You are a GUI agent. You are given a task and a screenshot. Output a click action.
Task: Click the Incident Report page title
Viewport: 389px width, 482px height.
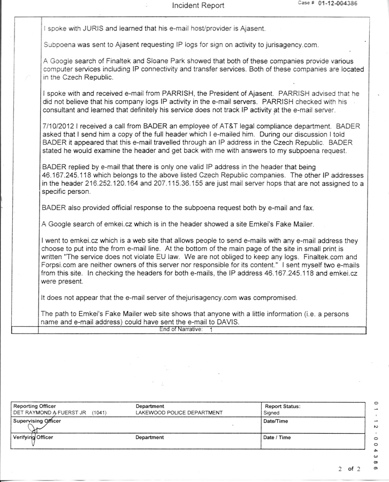click(198, 6)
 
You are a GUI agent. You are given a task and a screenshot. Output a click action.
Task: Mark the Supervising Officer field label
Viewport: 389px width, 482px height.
click(37, 421)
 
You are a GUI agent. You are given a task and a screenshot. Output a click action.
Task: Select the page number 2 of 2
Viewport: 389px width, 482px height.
click(349, 469)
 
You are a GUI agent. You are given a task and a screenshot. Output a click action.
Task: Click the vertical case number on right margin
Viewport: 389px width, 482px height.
click(378, 428)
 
